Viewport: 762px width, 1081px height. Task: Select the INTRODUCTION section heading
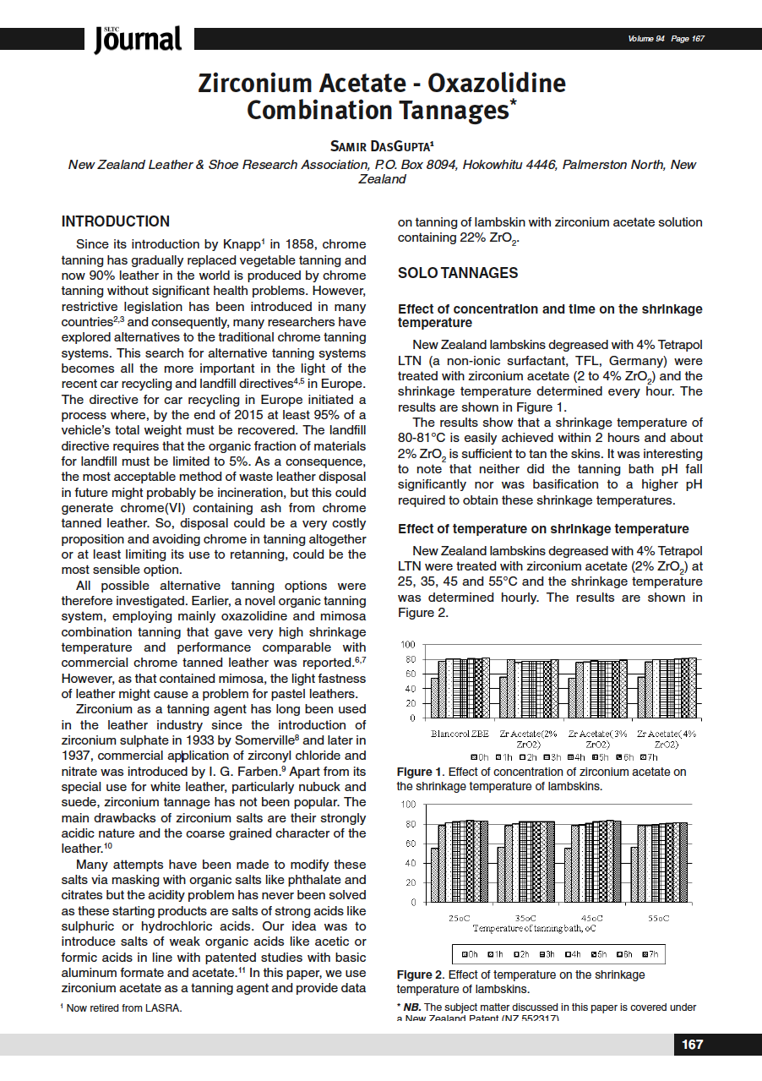click(116, 221)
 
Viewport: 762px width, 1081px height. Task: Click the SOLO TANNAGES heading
click(458, 273)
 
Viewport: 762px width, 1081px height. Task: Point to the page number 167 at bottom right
click(692, 1044)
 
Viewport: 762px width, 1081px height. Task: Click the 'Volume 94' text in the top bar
click(646, 39)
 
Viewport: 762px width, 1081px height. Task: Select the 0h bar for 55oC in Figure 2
click(642, 874)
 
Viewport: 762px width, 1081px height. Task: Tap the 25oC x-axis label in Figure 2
click(462, 918)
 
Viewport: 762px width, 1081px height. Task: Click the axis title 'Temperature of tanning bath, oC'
click(534, 928)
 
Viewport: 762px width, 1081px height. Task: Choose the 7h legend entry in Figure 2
click(650, 954)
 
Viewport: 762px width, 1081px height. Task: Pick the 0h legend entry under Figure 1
click(481, 756)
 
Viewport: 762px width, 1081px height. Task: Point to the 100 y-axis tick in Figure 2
click(408, 804)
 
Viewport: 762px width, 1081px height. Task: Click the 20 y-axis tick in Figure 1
click(410, 703)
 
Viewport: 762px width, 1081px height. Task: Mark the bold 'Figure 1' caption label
click(420, 772)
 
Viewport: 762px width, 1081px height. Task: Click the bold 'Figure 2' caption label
click(420, 975)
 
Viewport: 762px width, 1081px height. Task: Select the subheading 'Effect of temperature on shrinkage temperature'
click(543, 528)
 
